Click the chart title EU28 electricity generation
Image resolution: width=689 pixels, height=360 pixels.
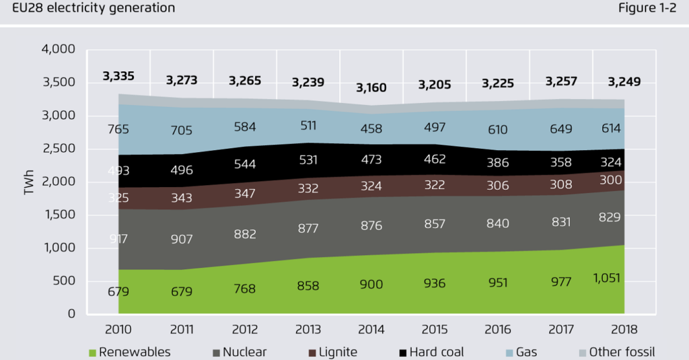pyautogui.click(x=89, y=8)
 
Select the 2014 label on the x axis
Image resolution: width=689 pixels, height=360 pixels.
pyautogui.click(x=370, y=330)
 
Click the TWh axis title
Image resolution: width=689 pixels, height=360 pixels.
pyautogui.click(x=29, y=182)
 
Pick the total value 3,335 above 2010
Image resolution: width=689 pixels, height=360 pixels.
pyautogui.click(x=118, y=76)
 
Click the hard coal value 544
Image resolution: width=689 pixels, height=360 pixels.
pyautogui.click(x=244, y=164)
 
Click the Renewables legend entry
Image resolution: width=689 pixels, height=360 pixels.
pyautogui.click(x=129, y=352)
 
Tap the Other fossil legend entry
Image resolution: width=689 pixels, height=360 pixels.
pyautogui.click(x=616, y=352)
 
